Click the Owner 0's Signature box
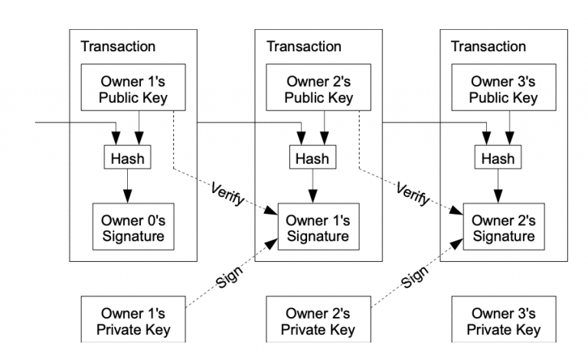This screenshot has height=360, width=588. [x=129, y=227]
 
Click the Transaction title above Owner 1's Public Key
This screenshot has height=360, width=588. [x=118, y=47]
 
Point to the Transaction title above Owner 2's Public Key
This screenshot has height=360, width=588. [x=303, y=47]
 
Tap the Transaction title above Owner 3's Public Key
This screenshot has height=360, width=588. [x=488, y=47]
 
